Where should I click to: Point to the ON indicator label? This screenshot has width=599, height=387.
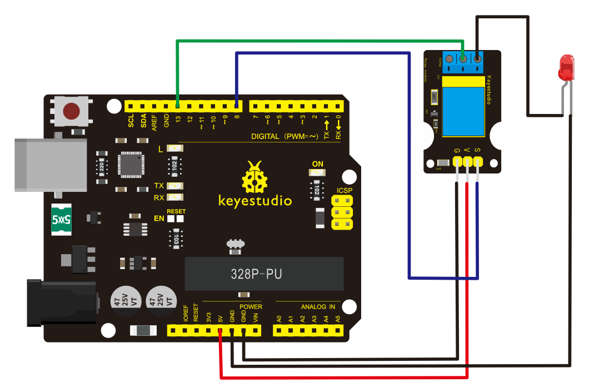(x=317, y=164)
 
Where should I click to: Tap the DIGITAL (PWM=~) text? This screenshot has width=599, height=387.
(x=284, y=136)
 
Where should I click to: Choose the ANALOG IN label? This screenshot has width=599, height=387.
(x=318, y=306)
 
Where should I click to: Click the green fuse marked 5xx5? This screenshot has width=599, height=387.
(x=63, y=220)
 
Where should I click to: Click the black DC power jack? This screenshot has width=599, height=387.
(x=61, y=304)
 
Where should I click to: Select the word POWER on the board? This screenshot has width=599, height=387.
(x=251, y=306)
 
